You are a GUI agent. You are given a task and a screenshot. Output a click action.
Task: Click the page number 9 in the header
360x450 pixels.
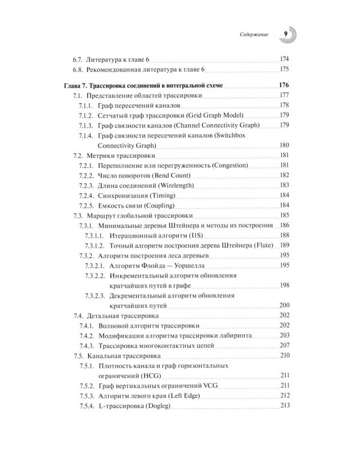(x=286, y=35)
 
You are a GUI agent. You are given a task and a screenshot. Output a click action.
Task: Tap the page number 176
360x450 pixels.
(x=284, y=85)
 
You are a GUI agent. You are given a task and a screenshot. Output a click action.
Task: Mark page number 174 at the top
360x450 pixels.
(x=284, y=59)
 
